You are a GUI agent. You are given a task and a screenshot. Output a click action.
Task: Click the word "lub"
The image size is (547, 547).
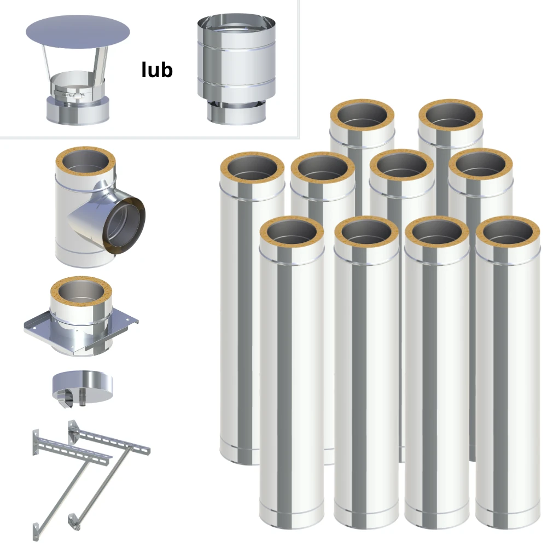(157, 69)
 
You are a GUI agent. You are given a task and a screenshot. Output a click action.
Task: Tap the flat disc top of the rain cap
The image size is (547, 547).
(78, 32)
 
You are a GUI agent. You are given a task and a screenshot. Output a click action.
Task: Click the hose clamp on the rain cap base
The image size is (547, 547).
(69, 94)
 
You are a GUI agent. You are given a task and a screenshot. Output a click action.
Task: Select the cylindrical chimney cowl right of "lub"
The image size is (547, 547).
(236, 70)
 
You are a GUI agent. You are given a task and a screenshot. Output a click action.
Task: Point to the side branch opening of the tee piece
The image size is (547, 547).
(124, 226)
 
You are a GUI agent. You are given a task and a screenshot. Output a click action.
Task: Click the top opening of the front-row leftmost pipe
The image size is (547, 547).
(292, 232)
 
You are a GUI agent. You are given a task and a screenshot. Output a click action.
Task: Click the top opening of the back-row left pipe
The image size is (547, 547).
(362, 115)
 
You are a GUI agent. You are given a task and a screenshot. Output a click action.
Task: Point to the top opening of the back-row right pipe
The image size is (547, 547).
(451, 115)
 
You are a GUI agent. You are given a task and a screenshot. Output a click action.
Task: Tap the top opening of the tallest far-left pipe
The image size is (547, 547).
(252, 167)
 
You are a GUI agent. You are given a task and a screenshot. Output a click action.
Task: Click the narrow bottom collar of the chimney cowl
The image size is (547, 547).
(236, 112)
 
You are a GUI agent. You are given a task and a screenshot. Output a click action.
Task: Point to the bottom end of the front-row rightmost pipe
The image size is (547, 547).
(508, 521)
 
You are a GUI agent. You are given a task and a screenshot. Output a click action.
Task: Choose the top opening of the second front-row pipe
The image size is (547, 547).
(366, 232)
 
